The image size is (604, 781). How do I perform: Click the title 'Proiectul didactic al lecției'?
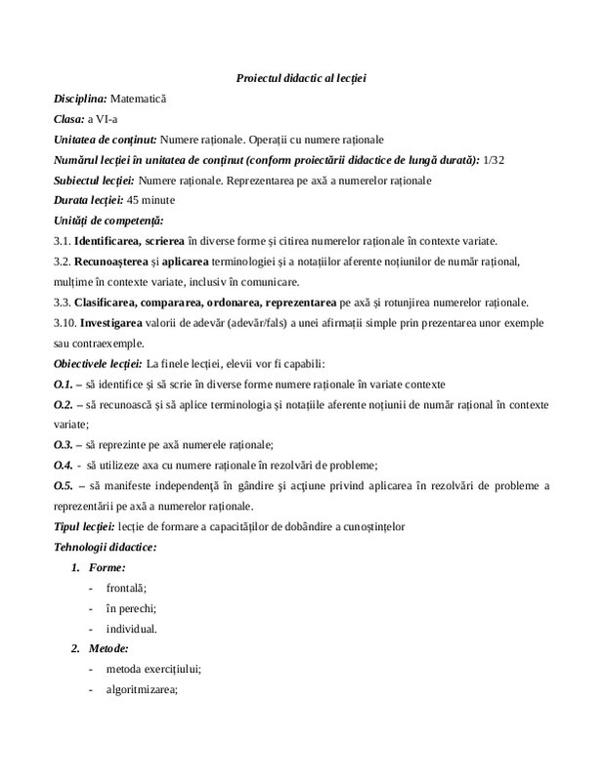[x=302, y=77]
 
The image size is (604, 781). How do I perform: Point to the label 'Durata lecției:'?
[x=88, y=200]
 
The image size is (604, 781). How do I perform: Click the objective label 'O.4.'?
[x=64, y=465]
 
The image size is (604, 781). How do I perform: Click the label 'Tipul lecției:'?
[x=85, y=526]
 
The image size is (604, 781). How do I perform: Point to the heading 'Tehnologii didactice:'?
[x=104, y=547]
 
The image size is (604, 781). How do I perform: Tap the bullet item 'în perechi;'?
[x=131, y=608]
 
